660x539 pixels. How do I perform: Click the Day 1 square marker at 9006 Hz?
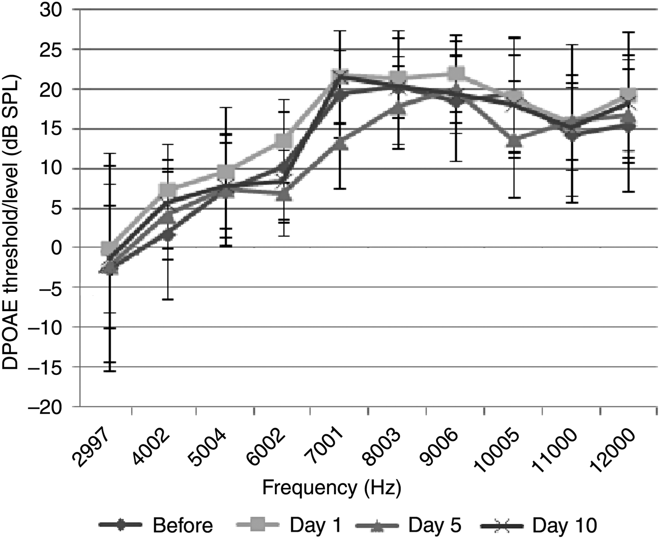click(x=456, y=74)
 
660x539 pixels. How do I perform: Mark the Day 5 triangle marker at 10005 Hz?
click(x=514, y=140)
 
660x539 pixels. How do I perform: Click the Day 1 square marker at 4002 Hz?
click(x=168, y=191)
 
